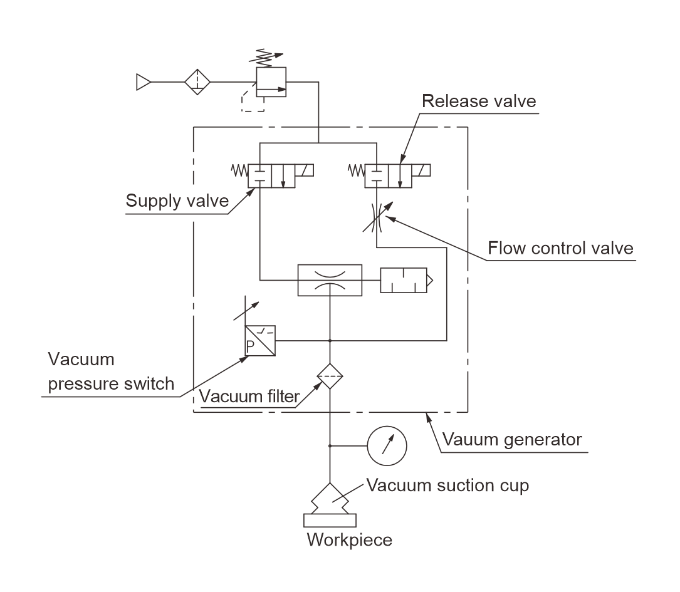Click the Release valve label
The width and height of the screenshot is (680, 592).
(479, 101)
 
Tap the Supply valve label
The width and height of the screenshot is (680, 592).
(177, 201)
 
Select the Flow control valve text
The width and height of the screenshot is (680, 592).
(560, 249)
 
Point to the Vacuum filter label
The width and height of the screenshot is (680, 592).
(249, 397)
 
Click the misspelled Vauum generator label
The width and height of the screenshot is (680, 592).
(512, 439)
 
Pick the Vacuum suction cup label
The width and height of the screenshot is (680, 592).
(447, 485)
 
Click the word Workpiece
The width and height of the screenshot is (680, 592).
(349, 539)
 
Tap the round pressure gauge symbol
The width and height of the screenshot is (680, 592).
(387, 446)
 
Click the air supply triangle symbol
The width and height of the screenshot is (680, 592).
(144, 82)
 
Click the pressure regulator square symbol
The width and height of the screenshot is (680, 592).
(271, 82)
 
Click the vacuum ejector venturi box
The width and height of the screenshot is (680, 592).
(330, 279)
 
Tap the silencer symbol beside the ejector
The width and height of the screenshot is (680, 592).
(405, 279)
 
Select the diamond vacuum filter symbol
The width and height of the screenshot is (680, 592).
(330, 376)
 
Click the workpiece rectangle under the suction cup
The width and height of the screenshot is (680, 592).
(330, 520)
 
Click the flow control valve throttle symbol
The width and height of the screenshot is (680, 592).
(375, 216)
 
